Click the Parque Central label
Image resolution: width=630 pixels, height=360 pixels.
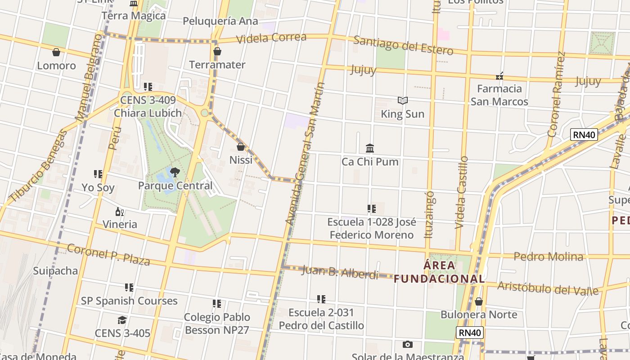tap(175, 185)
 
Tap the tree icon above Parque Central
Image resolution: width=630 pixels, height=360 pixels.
tap(175, 171)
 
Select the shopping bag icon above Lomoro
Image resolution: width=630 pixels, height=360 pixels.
tap(56, 53)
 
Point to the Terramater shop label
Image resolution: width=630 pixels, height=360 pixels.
tap(217, 65)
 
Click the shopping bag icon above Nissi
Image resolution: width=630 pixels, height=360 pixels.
tap(241, 147)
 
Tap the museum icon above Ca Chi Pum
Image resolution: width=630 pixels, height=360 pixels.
tap(370, 148)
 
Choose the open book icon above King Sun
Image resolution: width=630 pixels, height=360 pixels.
tap(403, 100)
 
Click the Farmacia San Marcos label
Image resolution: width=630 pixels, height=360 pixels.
tap(499, 95)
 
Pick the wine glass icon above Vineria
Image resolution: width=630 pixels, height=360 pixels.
tap(120, 211)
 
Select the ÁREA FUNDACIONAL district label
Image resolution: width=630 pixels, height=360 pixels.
tap(439, 272)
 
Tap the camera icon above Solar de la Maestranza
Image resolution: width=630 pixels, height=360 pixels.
tap(408, 344)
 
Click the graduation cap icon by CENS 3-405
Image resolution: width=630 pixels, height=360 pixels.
tap(122, 320)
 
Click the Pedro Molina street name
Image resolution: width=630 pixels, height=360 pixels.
tap(549, 256)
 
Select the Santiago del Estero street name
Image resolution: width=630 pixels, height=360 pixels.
tap(403, 45)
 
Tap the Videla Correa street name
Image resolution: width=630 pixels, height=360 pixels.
tap(271, 38)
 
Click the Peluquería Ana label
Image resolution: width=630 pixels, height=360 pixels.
tap(220, 21)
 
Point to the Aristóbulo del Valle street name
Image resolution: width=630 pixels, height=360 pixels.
tap(548, 288)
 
